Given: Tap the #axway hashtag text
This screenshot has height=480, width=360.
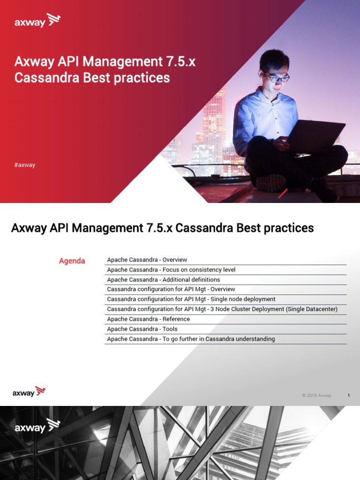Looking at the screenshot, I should point(25,165).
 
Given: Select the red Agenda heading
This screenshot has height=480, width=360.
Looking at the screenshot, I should point(72,261).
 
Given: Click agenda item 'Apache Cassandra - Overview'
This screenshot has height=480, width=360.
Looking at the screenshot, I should point(147,260).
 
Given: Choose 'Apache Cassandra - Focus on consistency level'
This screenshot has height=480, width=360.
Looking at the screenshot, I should point(171,270).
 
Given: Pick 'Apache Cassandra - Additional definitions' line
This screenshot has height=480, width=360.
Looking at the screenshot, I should point(163,279).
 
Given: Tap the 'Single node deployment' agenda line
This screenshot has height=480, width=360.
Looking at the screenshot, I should point(191,299).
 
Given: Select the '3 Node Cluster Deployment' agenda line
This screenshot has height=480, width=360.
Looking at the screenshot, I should point(222,309).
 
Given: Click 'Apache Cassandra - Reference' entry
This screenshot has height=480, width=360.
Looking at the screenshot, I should point(148,319).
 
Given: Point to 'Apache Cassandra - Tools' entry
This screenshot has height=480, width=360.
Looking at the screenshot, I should point(142,329).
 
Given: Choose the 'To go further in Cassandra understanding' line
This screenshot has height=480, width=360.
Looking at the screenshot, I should point(191,339).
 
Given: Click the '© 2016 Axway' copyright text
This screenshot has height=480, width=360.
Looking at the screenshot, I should point(316,396).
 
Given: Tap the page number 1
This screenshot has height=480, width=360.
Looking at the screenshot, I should point(348,396).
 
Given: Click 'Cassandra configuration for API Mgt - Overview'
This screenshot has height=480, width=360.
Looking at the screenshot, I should point(171,289).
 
